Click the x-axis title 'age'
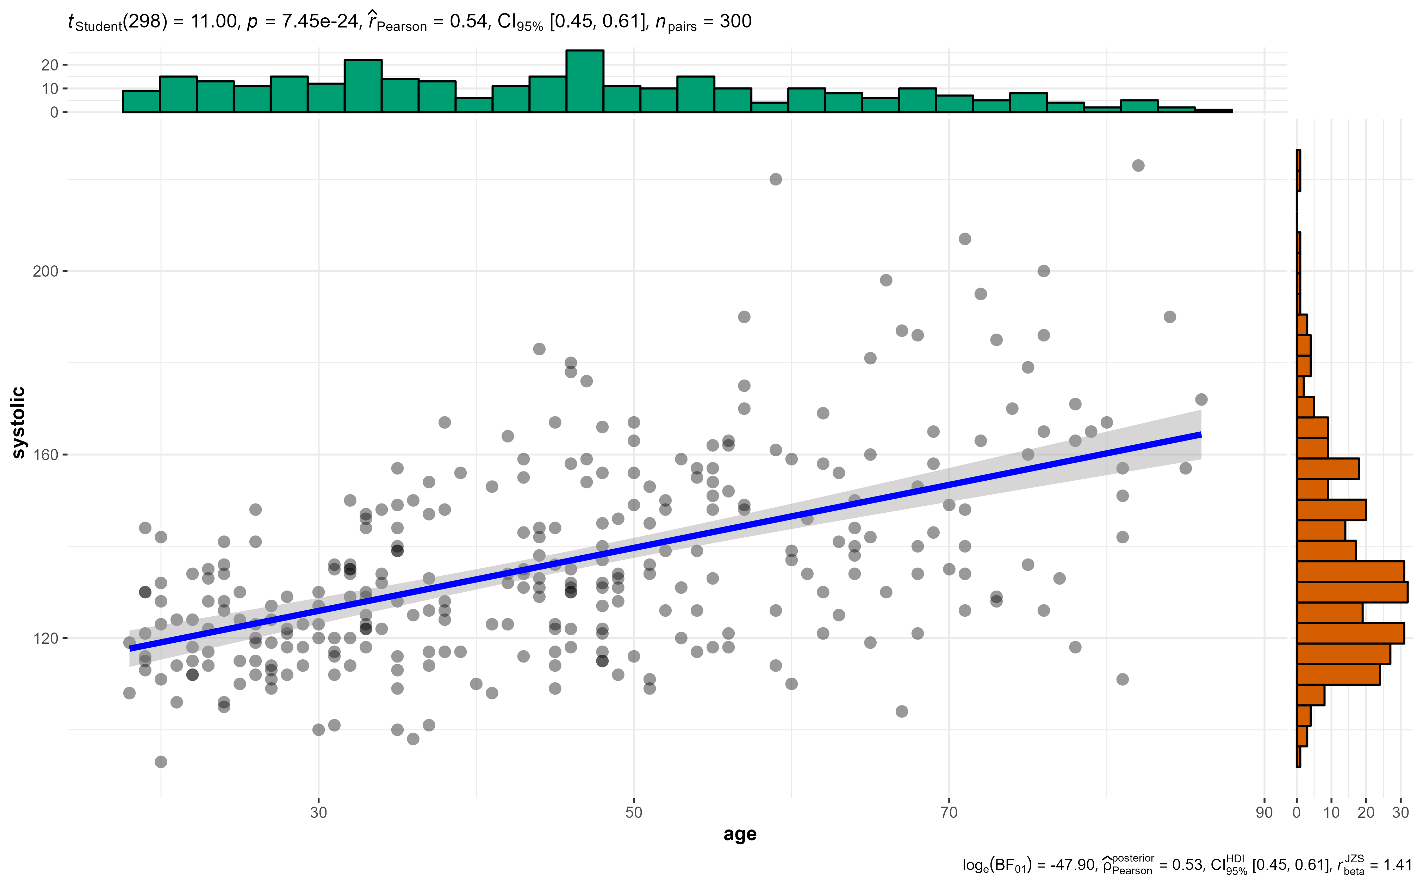[x=740, y=834]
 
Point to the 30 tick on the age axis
[x=318, y=813]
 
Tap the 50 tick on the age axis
[x=633, y=813]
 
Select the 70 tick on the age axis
[x=949, y=813]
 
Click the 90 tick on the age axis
[x=1264, y=813]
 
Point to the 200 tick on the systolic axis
[x=46, y=271]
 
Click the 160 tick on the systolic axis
[x=46, y=455]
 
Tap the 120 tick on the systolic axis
[x=46, y=639]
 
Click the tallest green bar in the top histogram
[x=585, y=82]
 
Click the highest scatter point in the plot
[x=1138, y=166]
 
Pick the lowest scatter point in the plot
[x=161, y=762]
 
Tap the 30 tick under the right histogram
[x=1401, y=813]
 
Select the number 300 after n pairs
[x=735, y=22]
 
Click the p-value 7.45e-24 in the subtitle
[x=320, y=22]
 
